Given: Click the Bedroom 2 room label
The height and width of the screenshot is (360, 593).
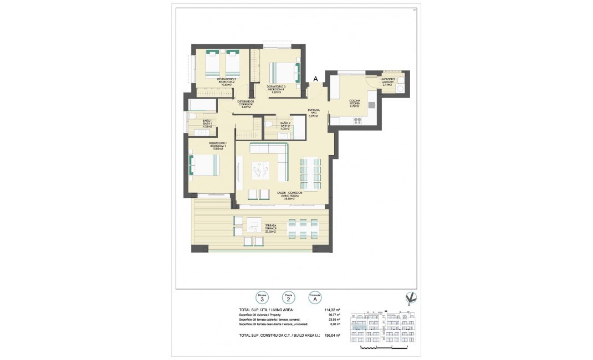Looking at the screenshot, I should click(x=226, y=83).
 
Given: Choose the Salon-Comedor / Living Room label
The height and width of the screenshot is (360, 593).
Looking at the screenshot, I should click(x=285, y=196).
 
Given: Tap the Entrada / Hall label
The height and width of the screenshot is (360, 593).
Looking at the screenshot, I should click(x=315, y=114).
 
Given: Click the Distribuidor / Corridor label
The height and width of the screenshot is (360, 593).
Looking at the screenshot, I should click(x=245, y=104).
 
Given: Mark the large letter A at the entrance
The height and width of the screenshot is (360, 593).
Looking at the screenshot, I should click(x=315, y=79).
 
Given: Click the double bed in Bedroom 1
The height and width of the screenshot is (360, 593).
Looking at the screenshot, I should click(x=205, y=165).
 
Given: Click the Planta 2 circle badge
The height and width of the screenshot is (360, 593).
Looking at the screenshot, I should click(x=288, y=297).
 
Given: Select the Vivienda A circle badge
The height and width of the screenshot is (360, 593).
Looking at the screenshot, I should click(x=315, y=297).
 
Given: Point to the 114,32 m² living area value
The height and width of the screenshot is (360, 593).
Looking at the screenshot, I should click(x=331, y=310).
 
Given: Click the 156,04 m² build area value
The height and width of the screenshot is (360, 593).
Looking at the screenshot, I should click(x=331, y=335).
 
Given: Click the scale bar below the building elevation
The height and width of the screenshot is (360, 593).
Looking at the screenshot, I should click(x=383, y=347).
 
